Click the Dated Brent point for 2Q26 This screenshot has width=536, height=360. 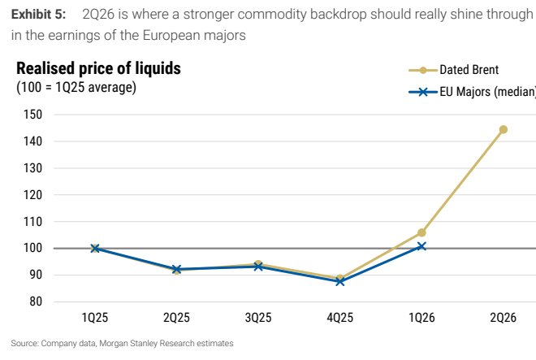point(504,129)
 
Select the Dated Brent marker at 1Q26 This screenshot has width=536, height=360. point(421,232)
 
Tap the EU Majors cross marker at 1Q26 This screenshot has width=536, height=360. point(421,246)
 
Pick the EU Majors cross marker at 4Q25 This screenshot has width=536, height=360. point(339,282)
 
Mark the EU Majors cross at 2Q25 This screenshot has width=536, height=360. point(176,269)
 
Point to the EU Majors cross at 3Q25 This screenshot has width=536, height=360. point(258,267)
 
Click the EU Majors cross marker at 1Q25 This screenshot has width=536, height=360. point(95,249)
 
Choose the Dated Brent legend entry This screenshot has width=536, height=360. point(454,70)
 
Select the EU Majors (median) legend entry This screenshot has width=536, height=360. point(472,92)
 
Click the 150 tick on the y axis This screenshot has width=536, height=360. point(32,115)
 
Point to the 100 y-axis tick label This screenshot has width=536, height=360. point(32,248)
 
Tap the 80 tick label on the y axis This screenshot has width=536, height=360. point(36,301)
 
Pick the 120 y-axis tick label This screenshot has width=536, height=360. point(32,195)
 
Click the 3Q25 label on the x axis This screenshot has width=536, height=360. point(258,318)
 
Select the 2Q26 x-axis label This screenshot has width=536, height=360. point(503,318)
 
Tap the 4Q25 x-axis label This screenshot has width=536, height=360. point(339,318)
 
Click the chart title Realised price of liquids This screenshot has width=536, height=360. point(98,68)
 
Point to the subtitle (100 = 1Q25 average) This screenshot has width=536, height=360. point(76,87)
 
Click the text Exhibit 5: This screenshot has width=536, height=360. point(38,15)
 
